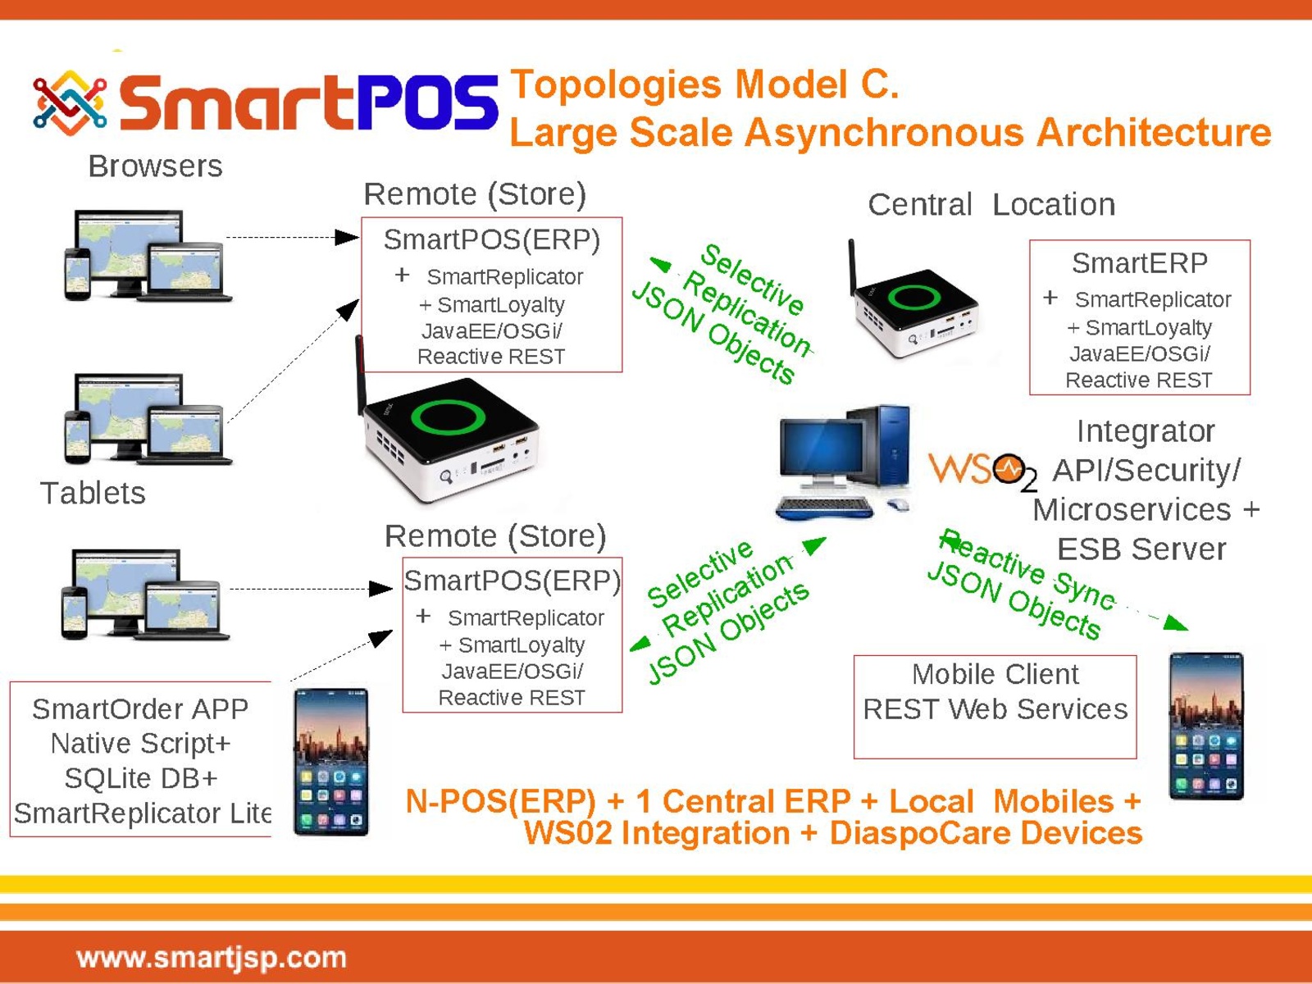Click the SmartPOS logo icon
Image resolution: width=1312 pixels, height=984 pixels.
(x=70, y=102)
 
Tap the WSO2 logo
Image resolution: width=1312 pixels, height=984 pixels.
(x=983, y=471)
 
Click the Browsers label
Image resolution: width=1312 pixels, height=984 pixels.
(x=156, y=166)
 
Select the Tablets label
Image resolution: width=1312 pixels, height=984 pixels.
(x=93, y=494)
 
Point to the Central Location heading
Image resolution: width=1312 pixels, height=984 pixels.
(x=991, y=204)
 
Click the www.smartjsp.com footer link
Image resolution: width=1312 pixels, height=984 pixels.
(x=212, y=959)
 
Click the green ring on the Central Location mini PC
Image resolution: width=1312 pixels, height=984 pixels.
(x=913, y=297)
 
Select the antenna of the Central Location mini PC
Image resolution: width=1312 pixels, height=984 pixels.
(x=853, y=266)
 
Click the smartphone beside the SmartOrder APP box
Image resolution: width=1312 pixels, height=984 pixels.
(x=330, y=762)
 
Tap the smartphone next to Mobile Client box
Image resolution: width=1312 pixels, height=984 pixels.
(x=1206, y=726)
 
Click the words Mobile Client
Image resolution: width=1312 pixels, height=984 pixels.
(x=995, y=675)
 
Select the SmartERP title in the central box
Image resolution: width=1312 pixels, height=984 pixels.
(x=1139, y=263)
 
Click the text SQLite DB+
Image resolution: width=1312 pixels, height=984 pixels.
(x=141, y=778)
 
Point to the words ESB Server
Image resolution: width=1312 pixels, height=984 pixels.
(x=1141, y=549)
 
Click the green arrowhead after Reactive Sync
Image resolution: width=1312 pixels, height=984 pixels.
(x=1176, y=623)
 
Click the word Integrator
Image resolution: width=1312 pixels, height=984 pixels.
(x=1146, y=431)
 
